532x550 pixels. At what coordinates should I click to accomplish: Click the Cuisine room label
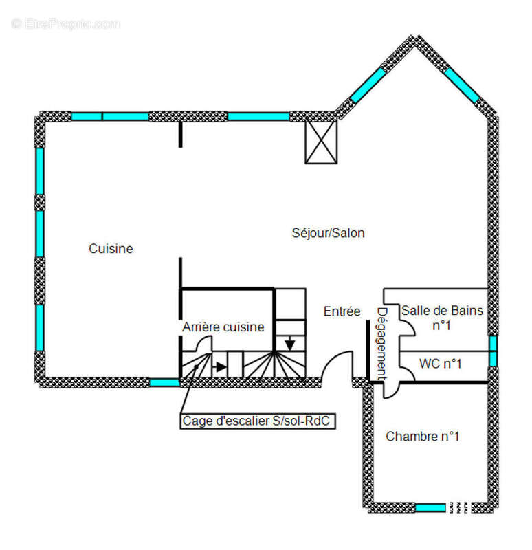(x=111, y=249)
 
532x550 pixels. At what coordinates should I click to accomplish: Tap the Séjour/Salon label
(x=329, y=233)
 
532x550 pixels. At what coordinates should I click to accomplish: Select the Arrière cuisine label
(x=223, y=327)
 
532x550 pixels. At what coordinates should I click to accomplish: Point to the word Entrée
(x=342, y=311)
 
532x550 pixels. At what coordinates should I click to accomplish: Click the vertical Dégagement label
(x=381, y=344)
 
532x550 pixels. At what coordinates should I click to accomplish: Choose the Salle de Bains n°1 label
(x=442, y=318)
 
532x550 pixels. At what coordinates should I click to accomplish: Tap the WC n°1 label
(x=440, y=364)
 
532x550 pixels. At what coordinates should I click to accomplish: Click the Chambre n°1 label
(x=423, y=437)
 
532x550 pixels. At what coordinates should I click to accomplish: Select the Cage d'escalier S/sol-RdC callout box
(x=258, y=421)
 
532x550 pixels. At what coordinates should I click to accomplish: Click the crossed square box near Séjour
(x=321, y=142)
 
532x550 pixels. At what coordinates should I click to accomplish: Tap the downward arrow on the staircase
(x=289, y=344)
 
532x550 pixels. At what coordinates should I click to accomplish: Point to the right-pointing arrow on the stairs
(x=220, y=367)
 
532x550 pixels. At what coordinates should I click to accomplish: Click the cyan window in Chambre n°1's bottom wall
(x=430, y=507)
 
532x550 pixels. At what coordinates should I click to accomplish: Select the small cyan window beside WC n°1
(x=493, y=351)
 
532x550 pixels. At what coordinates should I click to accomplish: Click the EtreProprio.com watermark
(x=66, y=24)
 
